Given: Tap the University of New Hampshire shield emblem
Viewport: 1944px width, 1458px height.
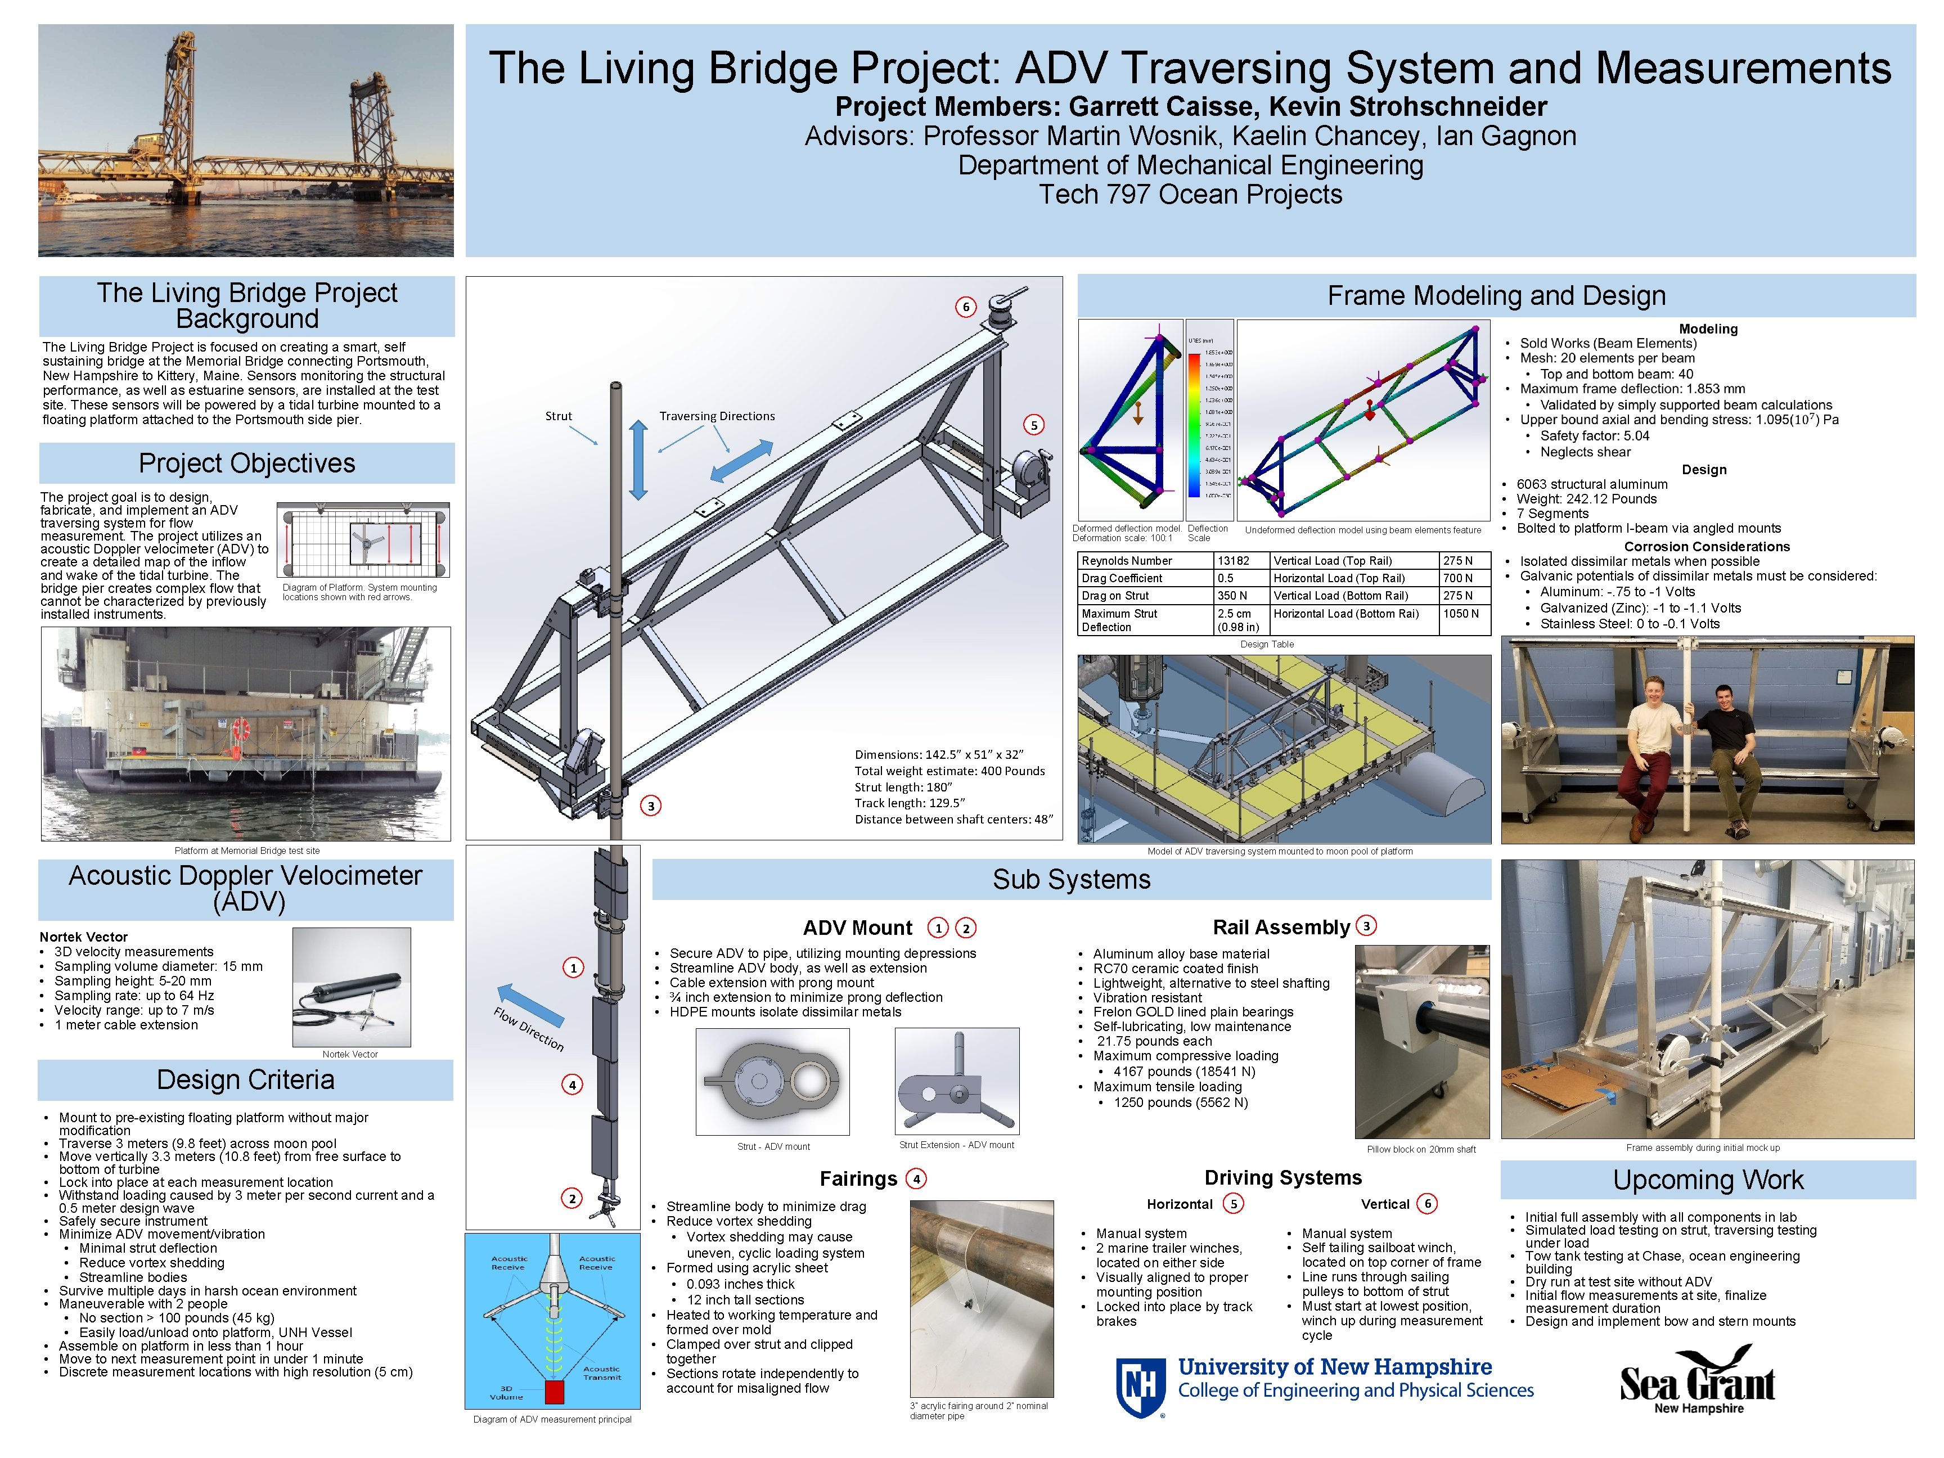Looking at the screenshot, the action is (1140, 1387).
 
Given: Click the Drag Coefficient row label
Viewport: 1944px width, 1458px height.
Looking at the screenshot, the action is (1122, 578).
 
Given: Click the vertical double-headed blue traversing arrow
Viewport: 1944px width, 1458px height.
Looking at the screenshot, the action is (639, 460).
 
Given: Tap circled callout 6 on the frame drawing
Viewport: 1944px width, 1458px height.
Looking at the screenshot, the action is (966, 307).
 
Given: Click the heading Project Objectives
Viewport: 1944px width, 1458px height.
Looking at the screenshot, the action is (247, 463).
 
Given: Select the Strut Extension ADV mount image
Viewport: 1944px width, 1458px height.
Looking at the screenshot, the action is (956, 1082).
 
